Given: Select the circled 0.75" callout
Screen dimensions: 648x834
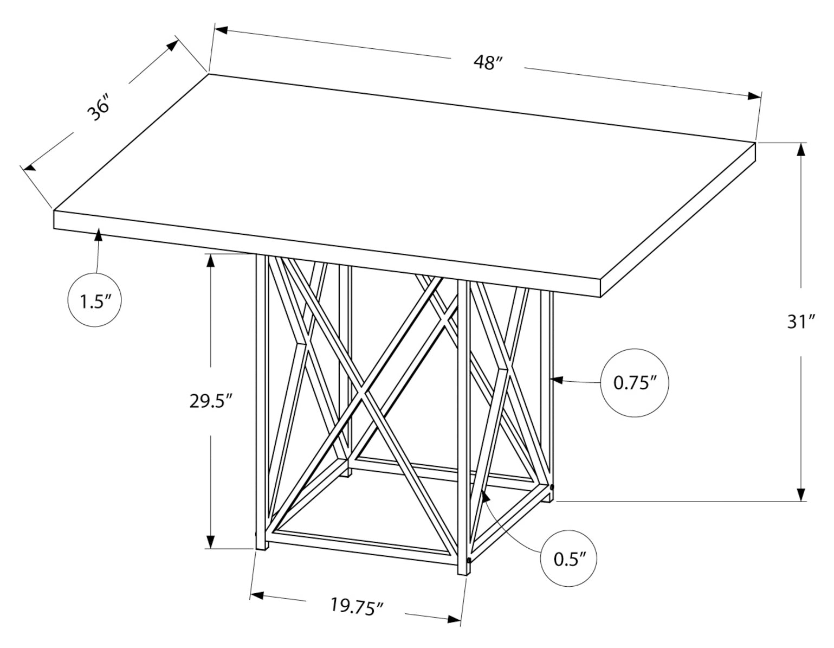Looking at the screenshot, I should [635, 383].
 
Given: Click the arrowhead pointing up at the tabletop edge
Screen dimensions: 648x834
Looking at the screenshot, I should [99, 235].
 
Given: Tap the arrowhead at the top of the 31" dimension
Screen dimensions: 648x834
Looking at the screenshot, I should [800, 150].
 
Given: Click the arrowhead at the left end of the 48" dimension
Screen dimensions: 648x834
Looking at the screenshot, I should [221, 30].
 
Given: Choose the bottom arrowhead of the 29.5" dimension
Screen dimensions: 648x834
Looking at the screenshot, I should [211, 541].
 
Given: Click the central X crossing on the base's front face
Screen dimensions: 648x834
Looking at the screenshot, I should [363, 392].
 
